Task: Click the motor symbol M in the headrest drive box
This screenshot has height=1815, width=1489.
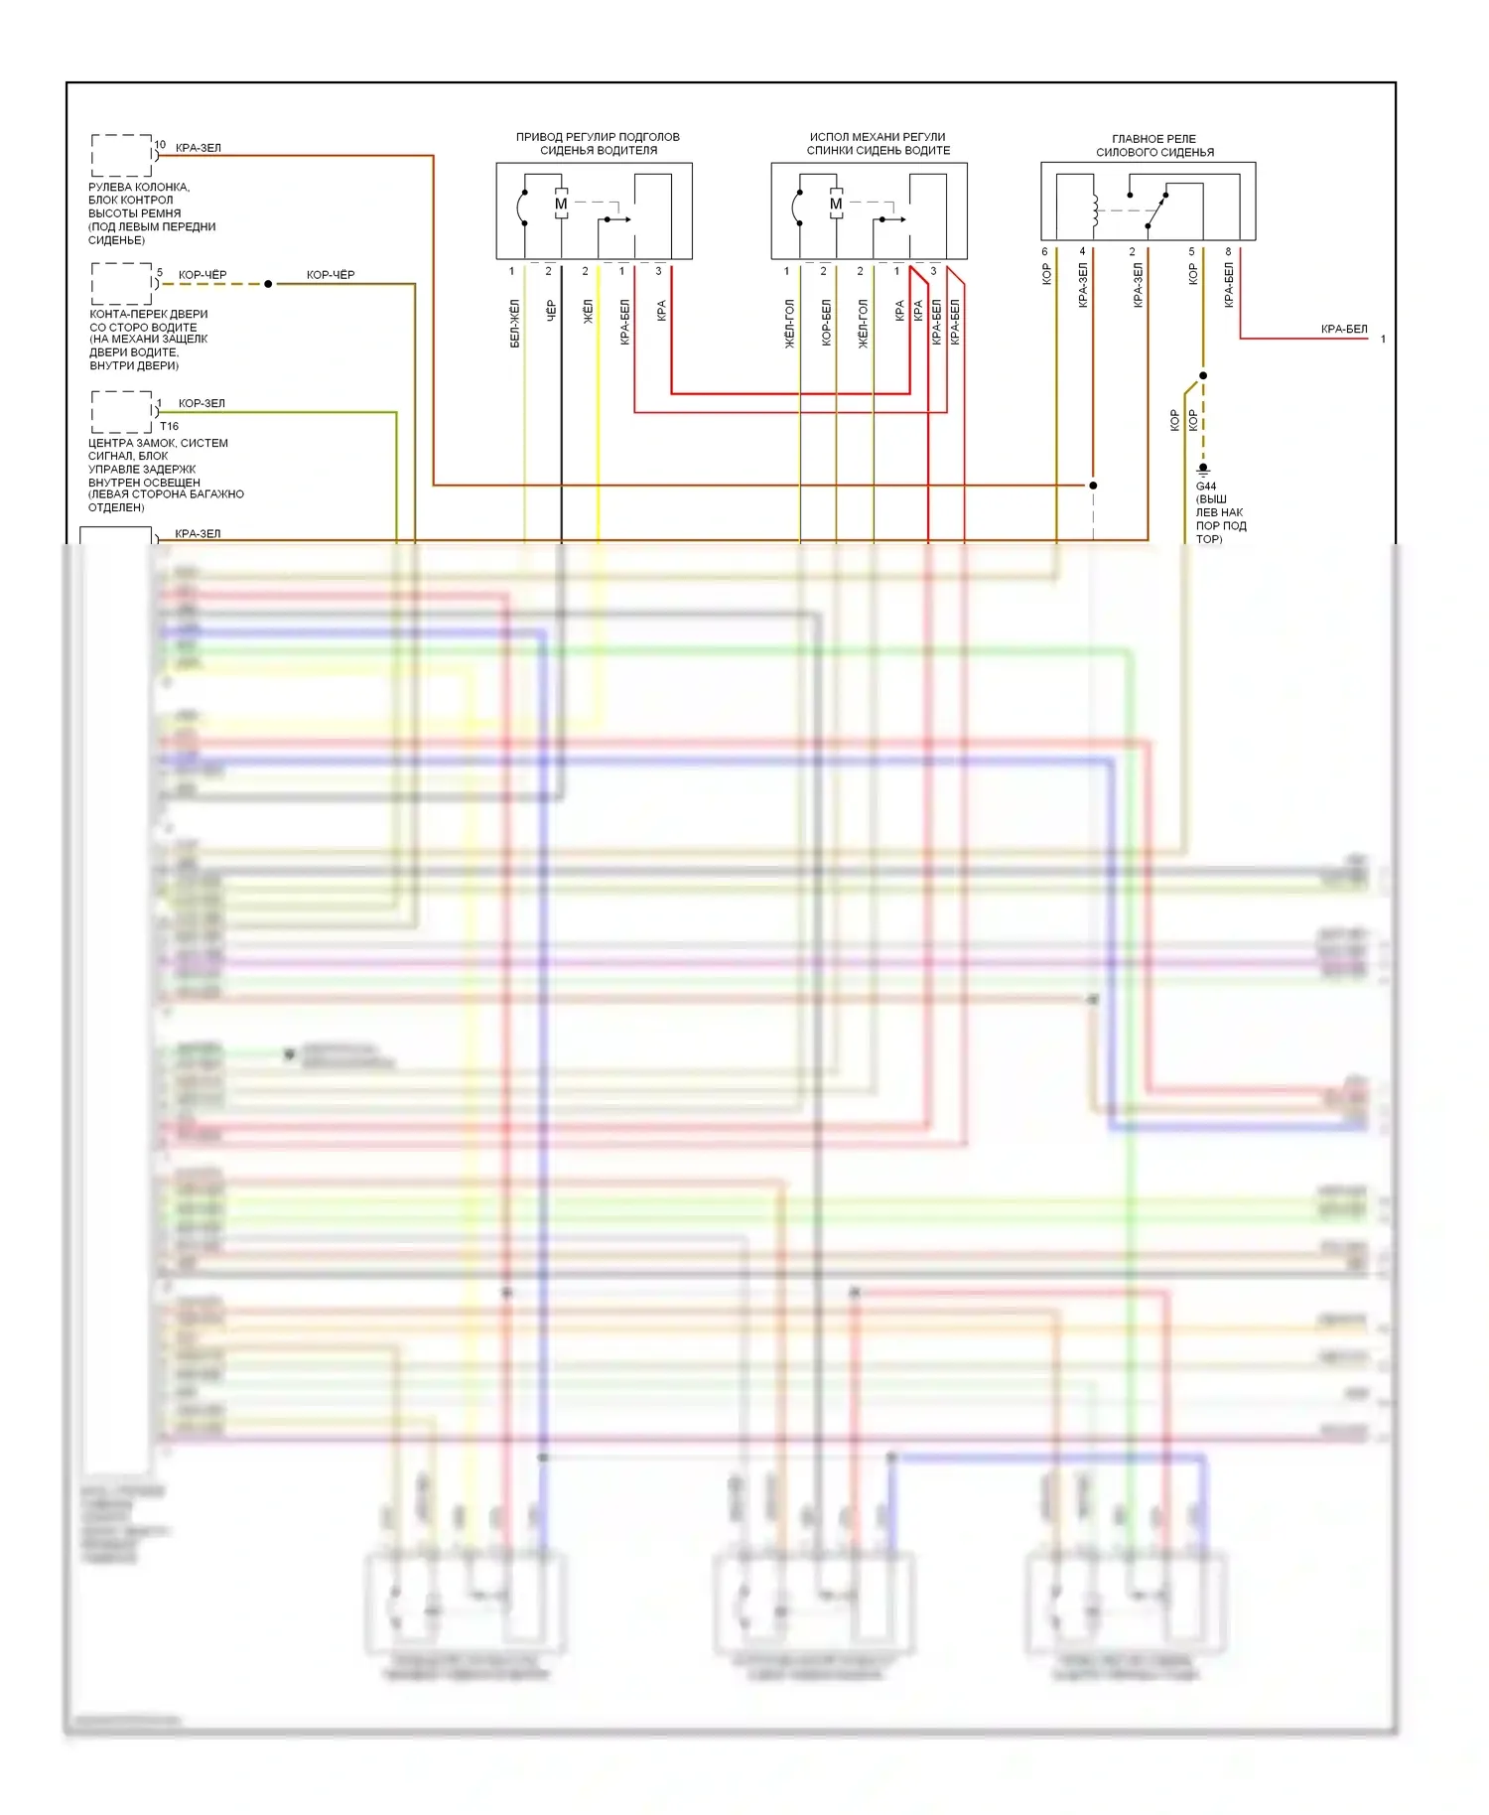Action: click(561, 204)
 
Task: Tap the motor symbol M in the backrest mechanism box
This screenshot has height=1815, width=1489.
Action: click(836, 204)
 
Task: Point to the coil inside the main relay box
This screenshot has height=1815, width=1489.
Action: click(1095, 208)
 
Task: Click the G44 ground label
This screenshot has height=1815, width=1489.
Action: click(1206, 487)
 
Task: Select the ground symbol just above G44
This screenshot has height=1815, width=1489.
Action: click(1203, 468)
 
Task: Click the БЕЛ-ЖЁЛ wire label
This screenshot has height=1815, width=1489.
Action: click(514, 324)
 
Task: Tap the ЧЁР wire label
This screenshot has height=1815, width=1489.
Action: click(551, 311)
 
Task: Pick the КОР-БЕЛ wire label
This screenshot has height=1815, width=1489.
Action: click(826, 323)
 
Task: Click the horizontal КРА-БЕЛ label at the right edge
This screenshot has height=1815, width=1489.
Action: click(1344, 329)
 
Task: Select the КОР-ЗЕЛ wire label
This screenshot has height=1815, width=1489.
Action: click(202, 403)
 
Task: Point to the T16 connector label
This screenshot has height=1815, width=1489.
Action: click(169, 426)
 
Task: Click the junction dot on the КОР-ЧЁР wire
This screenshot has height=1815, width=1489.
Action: click(268, 284)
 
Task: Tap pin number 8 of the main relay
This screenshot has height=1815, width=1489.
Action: click(1228, 251)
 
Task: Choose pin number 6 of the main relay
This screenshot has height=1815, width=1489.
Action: click(1044, 251)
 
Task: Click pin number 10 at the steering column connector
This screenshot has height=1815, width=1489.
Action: click(160, 145)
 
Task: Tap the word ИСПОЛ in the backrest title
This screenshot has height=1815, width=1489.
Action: click(829, 137)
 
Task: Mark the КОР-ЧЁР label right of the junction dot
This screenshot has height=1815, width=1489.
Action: click(331, 275)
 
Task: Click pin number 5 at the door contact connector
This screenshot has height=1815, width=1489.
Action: click(160, 272)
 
